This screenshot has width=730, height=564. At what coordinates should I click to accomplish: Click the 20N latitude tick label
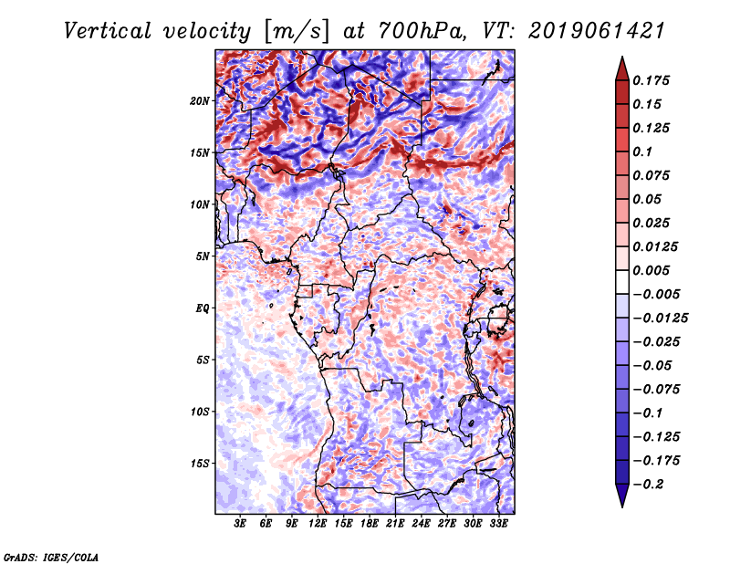click(201, 100)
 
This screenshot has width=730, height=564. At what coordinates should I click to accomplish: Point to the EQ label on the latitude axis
click(203, 308)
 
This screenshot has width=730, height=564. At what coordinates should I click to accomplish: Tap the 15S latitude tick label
click(201, 464)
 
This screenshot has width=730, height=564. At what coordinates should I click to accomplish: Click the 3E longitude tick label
click(241, 525)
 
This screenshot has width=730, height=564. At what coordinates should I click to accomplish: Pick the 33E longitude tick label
click(499, 525)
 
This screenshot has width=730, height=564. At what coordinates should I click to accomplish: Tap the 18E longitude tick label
click(370, 525)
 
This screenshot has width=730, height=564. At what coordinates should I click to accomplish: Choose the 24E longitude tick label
click(422, 525)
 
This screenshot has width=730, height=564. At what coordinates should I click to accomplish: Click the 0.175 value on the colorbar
click(653, 80)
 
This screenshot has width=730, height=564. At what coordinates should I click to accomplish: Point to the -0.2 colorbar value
click(651, 485)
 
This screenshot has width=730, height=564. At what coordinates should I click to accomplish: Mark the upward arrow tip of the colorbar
click(621, 59)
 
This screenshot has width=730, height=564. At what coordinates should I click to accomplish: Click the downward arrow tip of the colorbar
click(621, 505)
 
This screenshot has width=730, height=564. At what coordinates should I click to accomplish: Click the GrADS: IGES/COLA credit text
click(50, 556)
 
